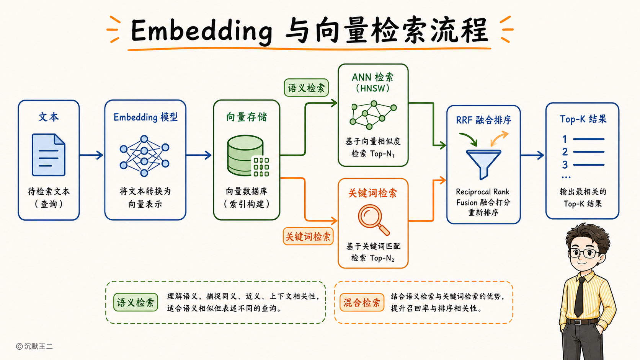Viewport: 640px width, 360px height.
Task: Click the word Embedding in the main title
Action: point(201,31)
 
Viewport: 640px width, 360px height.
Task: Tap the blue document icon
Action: point(49,155)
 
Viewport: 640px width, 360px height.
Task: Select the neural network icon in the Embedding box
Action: point(145,156)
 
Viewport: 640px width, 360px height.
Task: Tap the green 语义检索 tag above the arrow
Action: point(306,88)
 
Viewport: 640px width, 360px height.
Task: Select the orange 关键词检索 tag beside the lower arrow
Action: point(308,236)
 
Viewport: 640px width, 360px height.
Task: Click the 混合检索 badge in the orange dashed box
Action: point(362,302)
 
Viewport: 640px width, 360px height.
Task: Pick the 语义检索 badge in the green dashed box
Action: point(136,302)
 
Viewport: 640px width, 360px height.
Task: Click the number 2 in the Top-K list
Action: point(565,152)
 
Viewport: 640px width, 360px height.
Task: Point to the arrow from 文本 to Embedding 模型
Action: point(91,155)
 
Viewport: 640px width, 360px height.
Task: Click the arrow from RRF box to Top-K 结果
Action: point(532,155)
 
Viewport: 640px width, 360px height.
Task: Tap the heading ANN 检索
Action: point(372,77)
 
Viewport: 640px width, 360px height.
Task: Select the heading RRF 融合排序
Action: point(483,120)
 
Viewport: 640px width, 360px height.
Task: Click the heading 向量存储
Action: point(247,117)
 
